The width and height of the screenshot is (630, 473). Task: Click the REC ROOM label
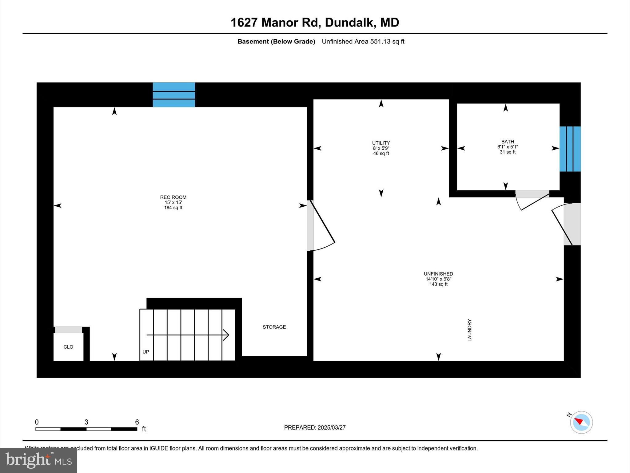pyautogui.click(x=173, y=197)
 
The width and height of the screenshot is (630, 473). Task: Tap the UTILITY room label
pyautogui.click(x=381, y=143)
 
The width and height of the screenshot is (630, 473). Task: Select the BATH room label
pyautogui.click(x=508, y=142)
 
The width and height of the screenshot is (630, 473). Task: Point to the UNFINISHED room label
pyautogui.click(x=438, y=274)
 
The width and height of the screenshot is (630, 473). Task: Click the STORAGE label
pyautogui.click(x=274, y=327)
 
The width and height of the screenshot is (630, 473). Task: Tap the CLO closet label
pyautogui.click(x=68, y=347)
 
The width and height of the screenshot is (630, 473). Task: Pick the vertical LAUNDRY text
pyautogui.click(x=469, y=330)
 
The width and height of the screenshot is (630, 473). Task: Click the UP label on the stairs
pyautogui.click(x=146, y=352)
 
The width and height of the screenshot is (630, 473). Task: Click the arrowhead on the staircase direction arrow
pyautogui.click(x=226, y=335)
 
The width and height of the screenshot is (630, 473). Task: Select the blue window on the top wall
pyautogui.click(x=174, y=95)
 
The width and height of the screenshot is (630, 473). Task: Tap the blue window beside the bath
pyautogui.click(x=570, y=149)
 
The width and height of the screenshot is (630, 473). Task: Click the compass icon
pyautogui.click(x=581, y=422)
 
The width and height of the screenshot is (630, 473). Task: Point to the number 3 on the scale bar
pyautogui.click(x=86, y=422)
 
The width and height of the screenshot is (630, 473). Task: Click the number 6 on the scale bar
pyautogui.click(x=137, y=422)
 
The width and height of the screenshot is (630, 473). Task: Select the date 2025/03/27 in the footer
pyautogui.click(x=332, y=427)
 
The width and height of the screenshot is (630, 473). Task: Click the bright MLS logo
pyautogui.click(x=38, y=460)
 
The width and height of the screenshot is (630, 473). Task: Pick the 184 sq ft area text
pyautogui.click(x=173, y=208)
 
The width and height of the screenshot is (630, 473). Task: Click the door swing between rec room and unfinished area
pyautogui.click(x=321, y=226)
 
